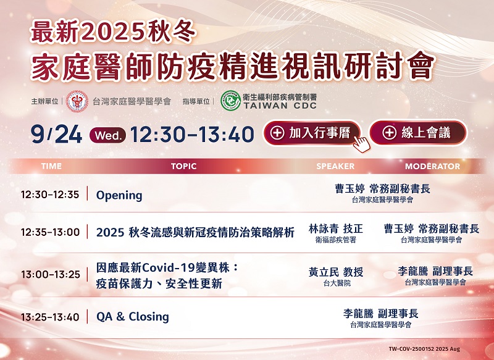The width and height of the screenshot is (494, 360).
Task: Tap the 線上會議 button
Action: point(418,133)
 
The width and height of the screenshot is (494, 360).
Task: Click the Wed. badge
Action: point(107,135)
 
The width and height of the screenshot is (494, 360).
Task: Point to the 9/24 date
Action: point(56,135)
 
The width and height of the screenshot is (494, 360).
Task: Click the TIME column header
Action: point(51,166)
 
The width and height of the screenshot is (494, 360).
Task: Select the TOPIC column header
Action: point(183,166)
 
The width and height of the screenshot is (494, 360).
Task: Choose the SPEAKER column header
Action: point(335,166)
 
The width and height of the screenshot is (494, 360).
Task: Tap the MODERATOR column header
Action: point(433,166)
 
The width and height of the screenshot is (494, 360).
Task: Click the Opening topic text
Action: point(119,196)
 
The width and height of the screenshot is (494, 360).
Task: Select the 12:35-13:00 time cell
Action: point(51,232)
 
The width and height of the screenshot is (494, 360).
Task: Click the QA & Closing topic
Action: point(133,317)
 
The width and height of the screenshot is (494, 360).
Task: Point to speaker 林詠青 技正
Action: point(335,228)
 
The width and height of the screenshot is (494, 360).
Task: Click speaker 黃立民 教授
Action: point(336,272)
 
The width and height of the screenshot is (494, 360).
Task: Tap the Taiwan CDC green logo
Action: point(230,101)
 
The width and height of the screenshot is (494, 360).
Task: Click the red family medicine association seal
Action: point(77,101)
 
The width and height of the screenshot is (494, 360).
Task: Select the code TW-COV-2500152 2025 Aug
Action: point(424,349)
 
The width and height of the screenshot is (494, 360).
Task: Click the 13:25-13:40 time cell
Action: point(51,317)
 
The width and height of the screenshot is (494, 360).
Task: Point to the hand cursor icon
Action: point(361,144)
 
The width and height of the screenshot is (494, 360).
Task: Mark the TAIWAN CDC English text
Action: point(280,106)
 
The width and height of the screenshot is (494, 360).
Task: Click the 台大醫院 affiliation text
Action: point(337,283)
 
